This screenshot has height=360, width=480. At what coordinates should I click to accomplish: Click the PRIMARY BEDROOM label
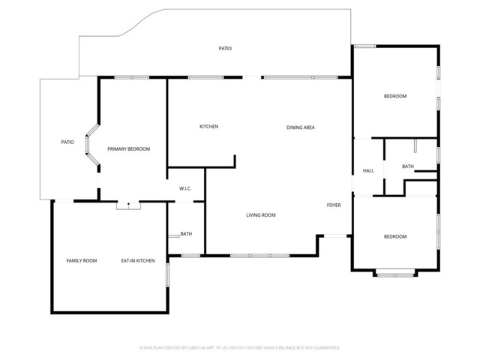(128, 149)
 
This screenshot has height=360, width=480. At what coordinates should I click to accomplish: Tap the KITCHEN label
(208, 127)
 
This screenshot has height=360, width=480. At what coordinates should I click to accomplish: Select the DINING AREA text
(300, 127)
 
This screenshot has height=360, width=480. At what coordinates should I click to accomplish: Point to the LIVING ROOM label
(261, 215)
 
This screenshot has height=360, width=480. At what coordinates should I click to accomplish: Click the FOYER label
(334, 205)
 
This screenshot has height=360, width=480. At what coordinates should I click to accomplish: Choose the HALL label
(368, 171)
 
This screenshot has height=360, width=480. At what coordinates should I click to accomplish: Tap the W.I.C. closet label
(185, 188)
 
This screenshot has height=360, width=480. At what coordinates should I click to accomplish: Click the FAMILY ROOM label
(82, 260)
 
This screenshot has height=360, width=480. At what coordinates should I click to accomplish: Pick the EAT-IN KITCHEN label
(138, 260)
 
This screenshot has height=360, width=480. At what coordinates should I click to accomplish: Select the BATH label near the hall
(407, 166)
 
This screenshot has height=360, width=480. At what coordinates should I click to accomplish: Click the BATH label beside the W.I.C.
(186, 234)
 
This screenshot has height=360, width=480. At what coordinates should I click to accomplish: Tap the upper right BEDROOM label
(395, 96)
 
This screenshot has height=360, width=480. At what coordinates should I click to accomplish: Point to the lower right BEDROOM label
(395, 237)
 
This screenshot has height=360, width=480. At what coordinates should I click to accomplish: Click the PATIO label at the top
(225, 49)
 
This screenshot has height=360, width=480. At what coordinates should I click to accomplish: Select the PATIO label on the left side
(67, 142)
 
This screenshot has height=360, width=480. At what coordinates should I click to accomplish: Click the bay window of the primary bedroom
(92, 147)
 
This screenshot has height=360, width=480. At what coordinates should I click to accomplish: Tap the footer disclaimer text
(240, 348)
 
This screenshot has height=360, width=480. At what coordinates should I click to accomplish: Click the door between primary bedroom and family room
(128, 204)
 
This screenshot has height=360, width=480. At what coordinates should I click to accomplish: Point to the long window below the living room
(259, 256)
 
